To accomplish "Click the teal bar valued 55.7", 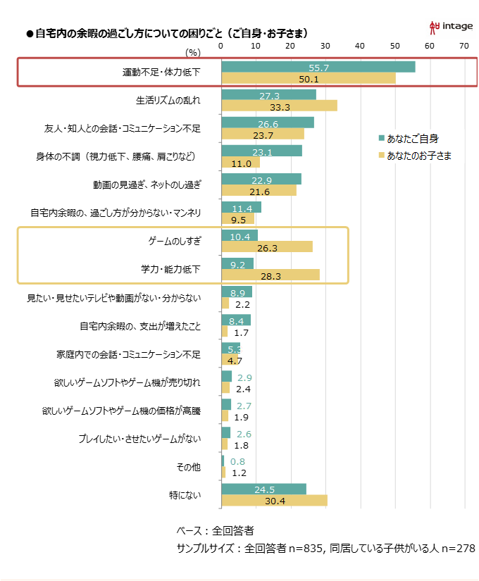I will point(318,67).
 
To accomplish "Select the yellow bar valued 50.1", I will point(308,78).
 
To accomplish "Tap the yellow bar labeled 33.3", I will point(279,106).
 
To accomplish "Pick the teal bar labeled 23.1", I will point(261,151).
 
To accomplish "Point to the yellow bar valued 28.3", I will point(270,275).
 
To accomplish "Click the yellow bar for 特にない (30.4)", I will point(274,500).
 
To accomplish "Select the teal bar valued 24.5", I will point(263,489).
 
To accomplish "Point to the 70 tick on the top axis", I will point(464,46).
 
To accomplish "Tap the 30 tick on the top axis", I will point(325,46).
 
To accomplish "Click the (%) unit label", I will point(193,51).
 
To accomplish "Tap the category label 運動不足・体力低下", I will point(161,72).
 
